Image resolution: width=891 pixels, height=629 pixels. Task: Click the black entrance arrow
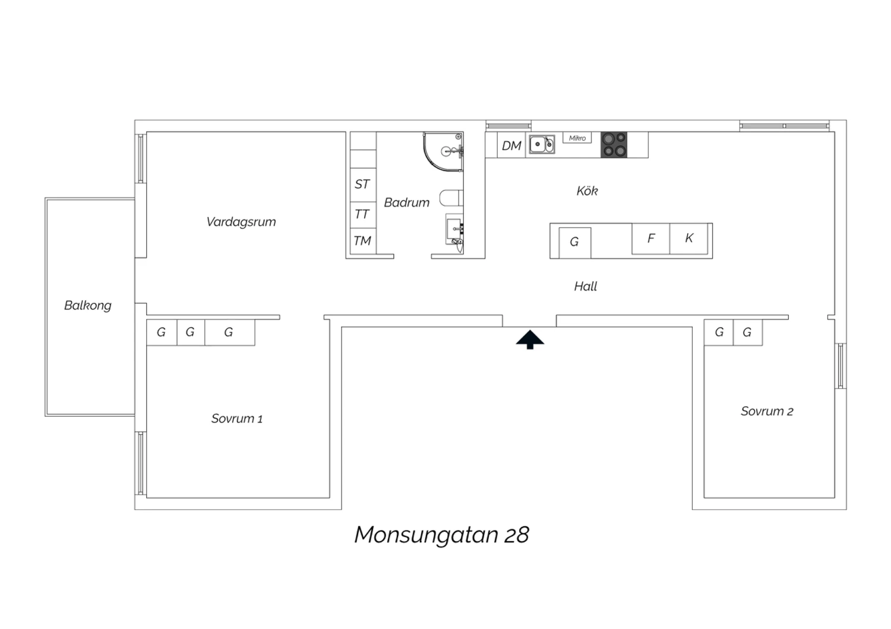[530, 340]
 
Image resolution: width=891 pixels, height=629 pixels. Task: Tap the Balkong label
[88, 306]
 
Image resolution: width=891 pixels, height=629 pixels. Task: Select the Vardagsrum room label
[241, 222]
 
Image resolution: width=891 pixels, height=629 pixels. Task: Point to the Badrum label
[406, 203]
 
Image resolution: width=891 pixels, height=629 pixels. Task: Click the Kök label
[587, 190]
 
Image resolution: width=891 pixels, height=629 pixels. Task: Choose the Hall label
[586, 286]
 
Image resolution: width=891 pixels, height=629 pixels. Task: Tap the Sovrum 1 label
[236, 418]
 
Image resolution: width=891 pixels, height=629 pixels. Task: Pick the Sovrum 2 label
[767, 411]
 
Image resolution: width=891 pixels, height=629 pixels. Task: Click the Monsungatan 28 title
[441, 535]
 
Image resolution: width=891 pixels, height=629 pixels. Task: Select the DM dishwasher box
[511, 145]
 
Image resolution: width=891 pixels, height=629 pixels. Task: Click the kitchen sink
[542, 144]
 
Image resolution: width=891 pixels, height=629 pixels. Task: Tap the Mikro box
[577, 138]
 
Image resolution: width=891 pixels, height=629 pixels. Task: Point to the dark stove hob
[614, 145]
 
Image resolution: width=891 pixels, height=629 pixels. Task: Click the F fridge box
[651, 239]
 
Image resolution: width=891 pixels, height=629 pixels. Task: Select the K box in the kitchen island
[689, 239]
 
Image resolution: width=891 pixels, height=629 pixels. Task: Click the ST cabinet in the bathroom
[363, 185]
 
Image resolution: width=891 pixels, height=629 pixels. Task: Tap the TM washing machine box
[363, 241]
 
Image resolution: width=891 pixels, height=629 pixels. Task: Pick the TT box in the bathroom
[363, 215]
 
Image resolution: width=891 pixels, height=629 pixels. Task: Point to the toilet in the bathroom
[451, 198]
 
